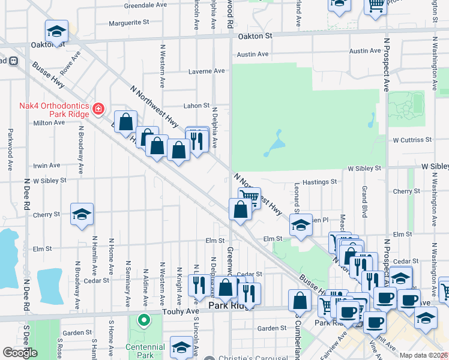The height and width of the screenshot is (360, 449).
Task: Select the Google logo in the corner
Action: pos(20,353)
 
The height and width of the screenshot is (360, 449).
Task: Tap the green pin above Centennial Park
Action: pos(143,320)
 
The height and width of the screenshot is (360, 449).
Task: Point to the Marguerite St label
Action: pos(129,23)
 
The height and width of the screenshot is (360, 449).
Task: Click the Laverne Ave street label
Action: pos(206,71)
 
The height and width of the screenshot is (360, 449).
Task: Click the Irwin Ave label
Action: pos(47,165)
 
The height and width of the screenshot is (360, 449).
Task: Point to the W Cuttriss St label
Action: pos(414,140)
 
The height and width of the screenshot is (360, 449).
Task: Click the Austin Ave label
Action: pos(252,54)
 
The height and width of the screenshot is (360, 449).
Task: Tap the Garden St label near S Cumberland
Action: pos(272,328)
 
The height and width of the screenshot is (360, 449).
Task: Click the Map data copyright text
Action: pos(423,355)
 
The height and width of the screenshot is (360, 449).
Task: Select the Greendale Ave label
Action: pos(145,5)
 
